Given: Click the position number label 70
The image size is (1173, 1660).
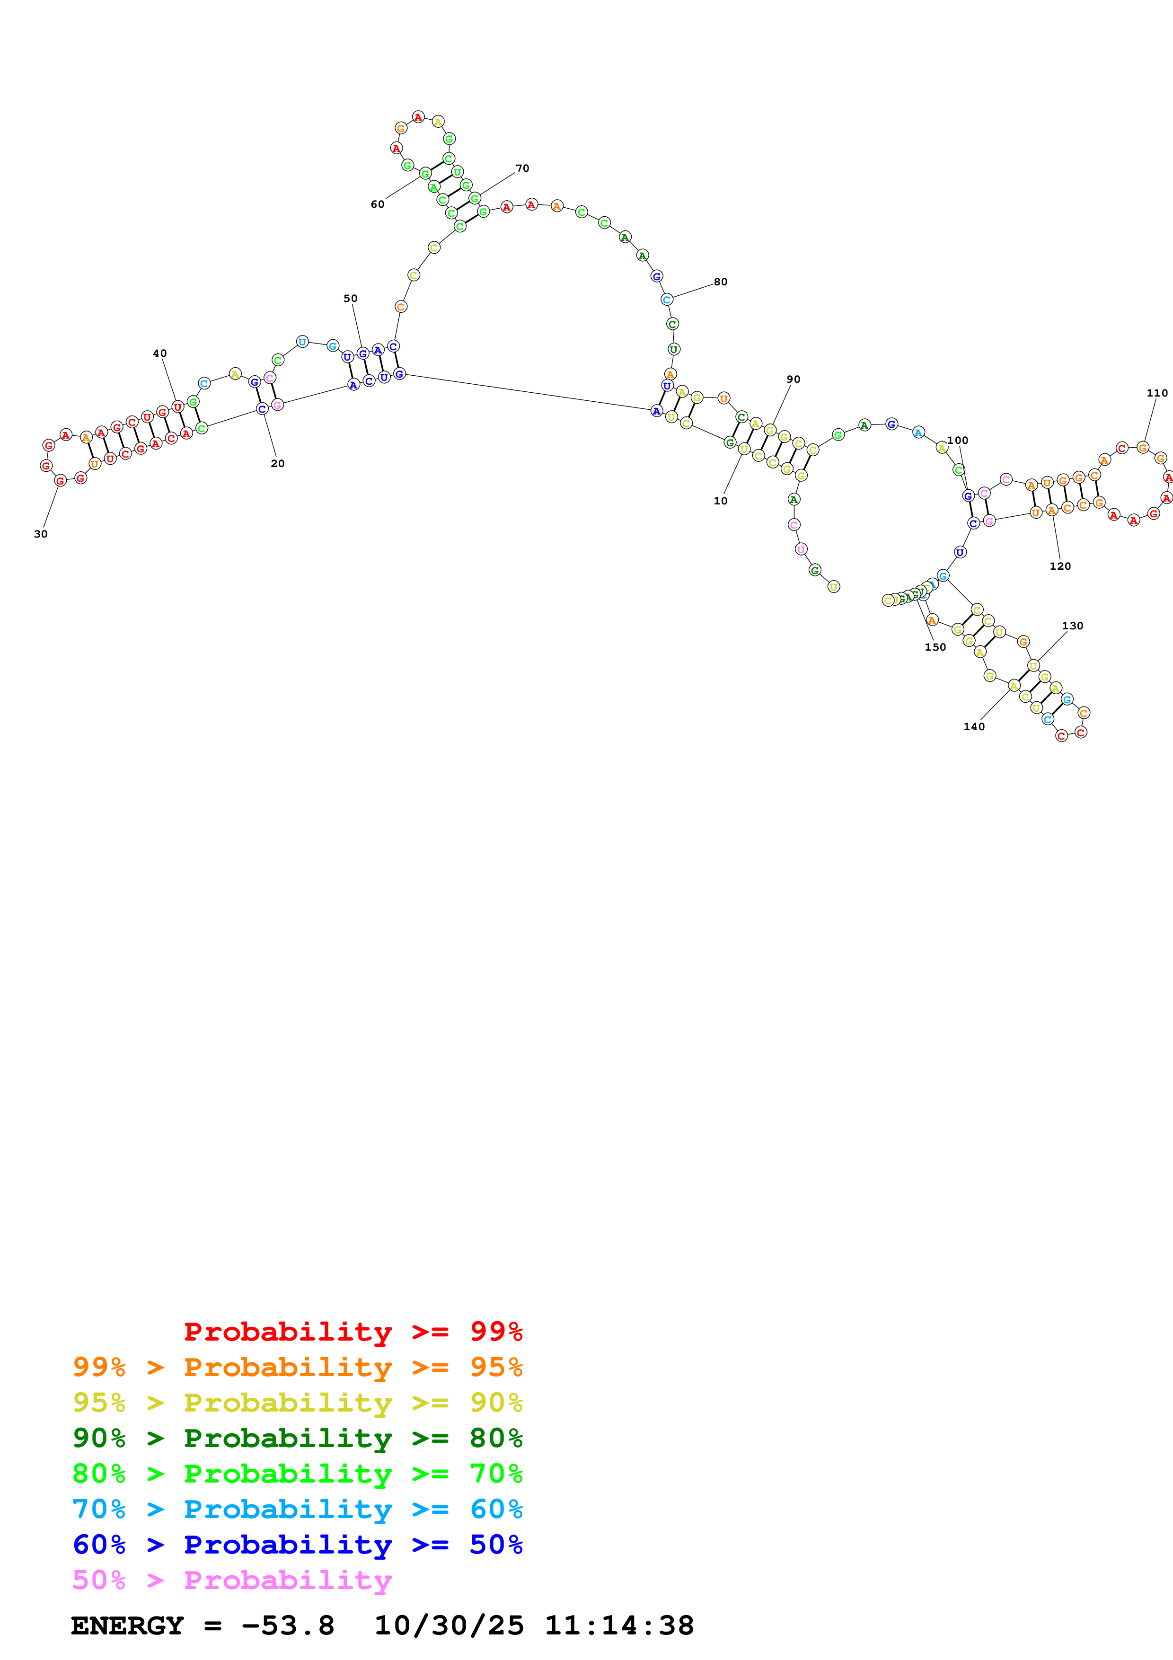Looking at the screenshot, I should (522, 168).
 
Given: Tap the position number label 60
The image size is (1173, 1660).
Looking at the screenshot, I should (377, 204).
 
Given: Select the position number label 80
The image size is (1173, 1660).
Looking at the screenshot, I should (721, 282).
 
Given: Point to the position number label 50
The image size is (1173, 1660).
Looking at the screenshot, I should (351, 299).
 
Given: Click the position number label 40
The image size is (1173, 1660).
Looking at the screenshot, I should (160, 353).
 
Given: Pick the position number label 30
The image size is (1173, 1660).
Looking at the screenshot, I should (41, 534).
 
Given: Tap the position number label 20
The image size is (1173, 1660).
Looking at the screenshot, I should (278, 463).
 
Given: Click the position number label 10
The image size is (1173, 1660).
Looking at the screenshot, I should (721, 501).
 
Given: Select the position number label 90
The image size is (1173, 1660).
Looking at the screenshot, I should (794, 380).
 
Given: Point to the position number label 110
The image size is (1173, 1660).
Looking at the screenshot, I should (1157, 393).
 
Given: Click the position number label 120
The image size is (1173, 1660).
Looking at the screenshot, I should (1060, 566).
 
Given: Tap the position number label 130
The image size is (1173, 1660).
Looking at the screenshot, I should (1073, 626).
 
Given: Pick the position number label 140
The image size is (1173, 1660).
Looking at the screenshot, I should (974, 727).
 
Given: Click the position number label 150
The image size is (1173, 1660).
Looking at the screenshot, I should (935, 647).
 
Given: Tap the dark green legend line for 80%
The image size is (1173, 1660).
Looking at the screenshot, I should (297, 1438).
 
